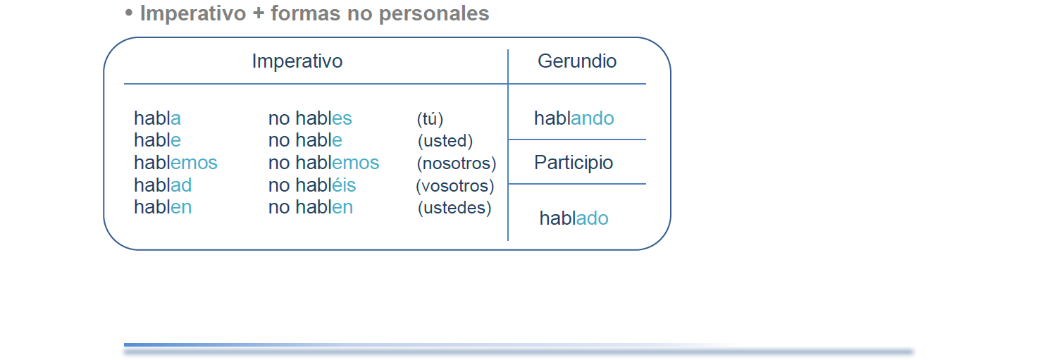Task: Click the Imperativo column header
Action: pos(297,61)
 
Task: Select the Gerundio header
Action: pos(577,61)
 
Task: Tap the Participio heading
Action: pos(574,163)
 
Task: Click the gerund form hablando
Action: pos(574,118)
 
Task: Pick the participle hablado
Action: pos(574,218)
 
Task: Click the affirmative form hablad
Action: pos(163,185)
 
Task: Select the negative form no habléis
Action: pos(312,185)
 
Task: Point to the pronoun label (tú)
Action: pos(430,119)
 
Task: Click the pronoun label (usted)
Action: pos(445,141)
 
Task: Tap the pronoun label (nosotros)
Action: pos(456,163)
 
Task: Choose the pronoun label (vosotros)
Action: pos(455,185)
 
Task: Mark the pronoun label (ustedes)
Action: pos(454,208)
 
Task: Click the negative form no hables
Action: pos(310,118)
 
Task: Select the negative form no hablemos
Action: pos(323,163)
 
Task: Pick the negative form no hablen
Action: pos(310,207)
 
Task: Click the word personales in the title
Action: pos(434,13)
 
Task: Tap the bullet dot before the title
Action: pos(129,13)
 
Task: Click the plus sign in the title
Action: pos(259,13)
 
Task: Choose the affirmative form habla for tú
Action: pos(157,118)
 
